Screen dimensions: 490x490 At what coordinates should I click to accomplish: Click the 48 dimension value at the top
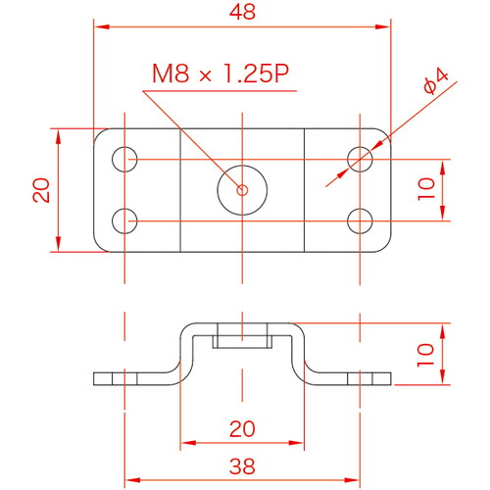[x=242, y=12]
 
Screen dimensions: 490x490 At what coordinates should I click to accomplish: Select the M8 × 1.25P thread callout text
[x=220, y=73]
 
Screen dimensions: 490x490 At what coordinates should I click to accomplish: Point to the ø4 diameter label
[x=436, y=81]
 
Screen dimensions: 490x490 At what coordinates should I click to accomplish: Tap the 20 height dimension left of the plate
[x=41, y=190]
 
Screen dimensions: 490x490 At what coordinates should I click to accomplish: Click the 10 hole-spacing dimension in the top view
[x=426, y=189]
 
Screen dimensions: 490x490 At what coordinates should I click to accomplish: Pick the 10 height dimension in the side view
[x=425, y=355]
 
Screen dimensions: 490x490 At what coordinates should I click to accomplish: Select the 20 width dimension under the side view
[x=242, y=429]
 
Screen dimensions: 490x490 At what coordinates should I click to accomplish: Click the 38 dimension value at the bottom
[x=242, y=466]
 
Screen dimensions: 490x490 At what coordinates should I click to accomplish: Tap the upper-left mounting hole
[x=124, y=160]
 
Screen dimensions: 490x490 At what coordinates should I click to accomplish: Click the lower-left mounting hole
[x=124, y=221]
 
